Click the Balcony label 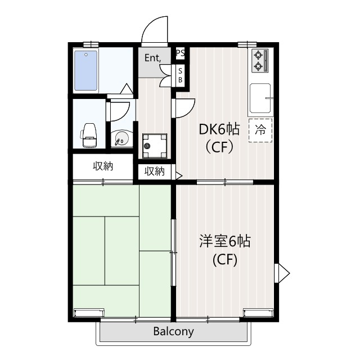pyautogui.click(x=173, y=331)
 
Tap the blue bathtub pyautogui.click(x=87, y=71)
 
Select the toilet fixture pyautogui.click(x=89, y=134)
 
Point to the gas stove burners pyautogui.click(x=259, y=60)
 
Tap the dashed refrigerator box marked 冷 pyautogui.click(x=260, y=130)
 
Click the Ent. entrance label pyautogui.click(x=152, y=57)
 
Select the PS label pyautogui.click(x=180, y=53)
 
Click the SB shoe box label pyautogui.click(x=180, y=75)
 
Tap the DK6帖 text pyautogui.click(x=219, y=130)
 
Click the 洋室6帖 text pyautogui.click(x=224, y=241)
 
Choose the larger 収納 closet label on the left pyautogui.click(x=103, y=166)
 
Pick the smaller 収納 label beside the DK pyautogui.click(x=154, y=172)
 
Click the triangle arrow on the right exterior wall pyautogui.click(x=282, y=274)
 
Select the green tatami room pyautogui.click(x=120, y=250)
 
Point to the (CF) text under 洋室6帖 pyautogui.click(x=224, y=260)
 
